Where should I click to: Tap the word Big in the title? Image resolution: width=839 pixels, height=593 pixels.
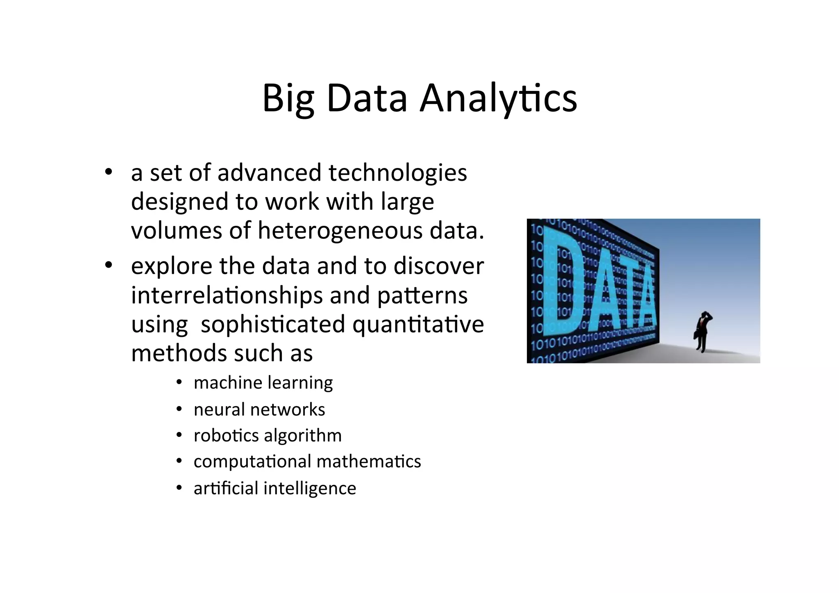288,98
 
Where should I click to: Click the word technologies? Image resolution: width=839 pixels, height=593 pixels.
397,173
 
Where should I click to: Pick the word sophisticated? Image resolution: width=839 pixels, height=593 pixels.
273,324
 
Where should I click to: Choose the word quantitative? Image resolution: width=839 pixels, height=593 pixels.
418,324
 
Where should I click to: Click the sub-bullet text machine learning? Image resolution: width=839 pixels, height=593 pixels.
263,383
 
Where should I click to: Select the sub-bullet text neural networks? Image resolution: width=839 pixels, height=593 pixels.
259,409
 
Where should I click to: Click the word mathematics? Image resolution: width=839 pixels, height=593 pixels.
369,461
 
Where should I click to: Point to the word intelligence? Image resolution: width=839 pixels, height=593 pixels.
310,488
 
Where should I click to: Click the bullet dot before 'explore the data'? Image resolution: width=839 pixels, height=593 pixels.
108,266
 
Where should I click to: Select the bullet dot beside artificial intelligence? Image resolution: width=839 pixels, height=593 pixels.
179,488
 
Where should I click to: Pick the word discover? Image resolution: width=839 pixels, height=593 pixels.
439,266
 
